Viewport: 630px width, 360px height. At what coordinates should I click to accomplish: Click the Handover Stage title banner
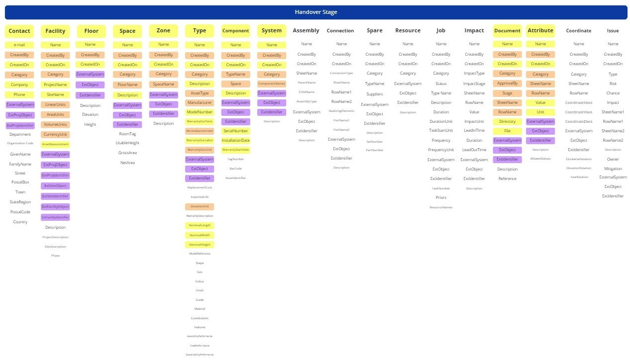(x=315, y=12)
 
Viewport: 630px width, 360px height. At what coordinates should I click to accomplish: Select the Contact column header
(x=19, y=31)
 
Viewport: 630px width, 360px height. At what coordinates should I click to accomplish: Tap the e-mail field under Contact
(x=19, y=45)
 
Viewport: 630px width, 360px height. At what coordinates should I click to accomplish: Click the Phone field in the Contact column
(x=19, y=94)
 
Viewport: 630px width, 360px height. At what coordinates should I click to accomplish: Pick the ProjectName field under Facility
(x=55, y=85)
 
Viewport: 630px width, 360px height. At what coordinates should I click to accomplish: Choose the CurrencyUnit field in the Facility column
(x=55, y=134)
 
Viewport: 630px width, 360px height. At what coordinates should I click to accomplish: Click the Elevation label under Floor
(x=90, y=115)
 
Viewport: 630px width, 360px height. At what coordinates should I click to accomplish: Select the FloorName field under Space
(x=127, y=85)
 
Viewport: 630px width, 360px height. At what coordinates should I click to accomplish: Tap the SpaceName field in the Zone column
(x=163, y=84)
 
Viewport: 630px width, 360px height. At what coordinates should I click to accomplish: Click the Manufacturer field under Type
(x=200, y=102)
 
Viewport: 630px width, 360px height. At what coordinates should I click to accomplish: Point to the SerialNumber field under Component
(x=235, y=131)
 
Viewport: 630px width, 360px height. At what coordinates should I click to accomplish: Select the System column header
(x=272, y=31)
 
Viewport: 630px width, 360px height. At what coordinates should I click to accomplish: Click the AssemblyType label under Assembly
(x=307, y=101)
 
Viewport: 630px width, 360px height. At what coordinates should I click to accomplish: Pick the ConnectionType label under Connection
(x=341, y=73)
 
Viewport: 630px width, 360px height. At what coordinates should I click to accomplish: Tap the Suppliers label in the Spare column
(x=375, y=94)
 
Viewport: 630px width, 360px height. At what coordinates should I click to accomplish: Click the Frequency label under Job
(x=441, y=140)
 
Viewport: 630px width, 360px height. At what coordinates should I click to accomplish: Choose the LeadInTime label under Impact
(x=474, y=131)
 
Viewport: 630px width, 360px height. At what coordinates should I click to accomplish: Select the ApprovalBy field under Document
(x=507, y=84)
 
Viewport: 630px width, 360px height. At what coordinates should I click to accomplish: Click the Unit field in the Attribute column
(x=540, y=112)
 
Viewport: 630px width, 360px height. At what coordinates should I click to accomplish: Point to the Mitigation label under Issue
(x=613, y=169)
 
